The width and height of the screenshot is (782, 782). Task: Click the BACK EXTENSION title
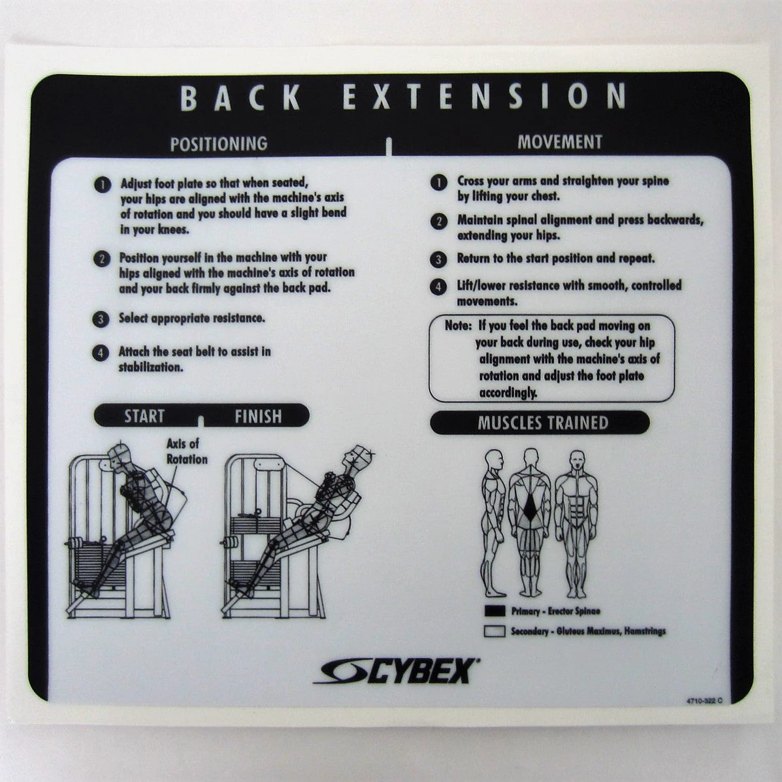click(x=402, y=97)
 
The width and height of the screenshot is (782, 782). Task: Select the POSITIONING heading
click(x=218, y=144)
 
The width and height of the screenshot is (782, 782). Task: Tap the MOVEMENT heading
click(x=560, y=142)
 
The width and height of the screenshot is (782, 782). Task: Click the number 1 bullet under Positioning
click(x=102, y=184)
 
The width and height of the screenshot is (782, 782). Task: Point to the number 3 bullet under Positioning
click(x=101, y=319)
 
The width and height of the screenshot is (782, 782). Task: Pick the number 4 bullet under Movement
click(x=439, y=287)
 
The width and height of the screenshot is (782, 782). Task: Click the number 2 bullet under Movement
click(x=439, y=221)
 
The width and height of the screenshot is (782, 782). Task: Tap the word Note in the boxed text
click(x=458, y=326)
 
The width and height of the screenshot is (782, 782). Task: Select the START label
click(x=144, y=416)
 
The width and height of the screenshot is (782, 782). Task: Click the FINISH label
click(x=258, y=416)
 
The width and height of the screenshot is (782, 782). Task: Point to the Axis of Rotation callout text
click(x=186, y=451)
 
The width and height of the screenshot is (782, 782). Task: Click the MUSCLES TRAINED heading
click(x=542, y=423)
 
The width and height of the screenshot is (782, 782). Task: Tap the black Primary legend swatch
click(x=495, y=611)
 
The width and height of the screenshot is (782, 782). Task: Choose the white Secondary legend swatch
click(x=495, y=632)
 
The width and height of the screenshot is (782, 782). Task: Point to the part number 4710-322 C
click(x=704, y=701)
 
